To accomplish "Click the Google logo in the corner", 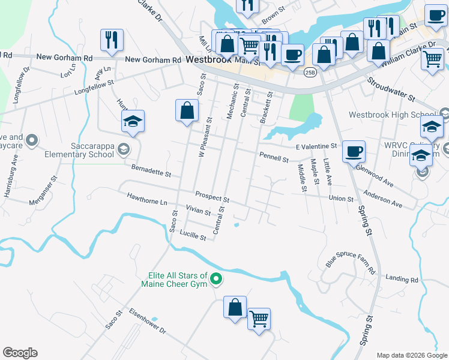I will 20,353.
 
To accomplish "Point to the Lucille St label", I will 193,237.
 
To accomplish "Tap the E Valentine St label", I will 316,146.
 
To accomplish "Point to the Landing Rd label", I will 402,279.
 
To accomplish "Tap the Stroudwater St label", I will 391,88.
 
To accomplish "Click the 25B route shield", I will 310,72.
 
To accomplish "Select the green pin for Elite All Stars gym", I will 217,280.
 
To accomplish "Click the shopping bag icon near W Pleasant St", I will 187,110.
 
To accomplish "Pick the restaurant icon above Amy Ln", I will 112,40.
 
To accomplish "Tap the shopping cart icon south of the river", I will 259,318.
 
